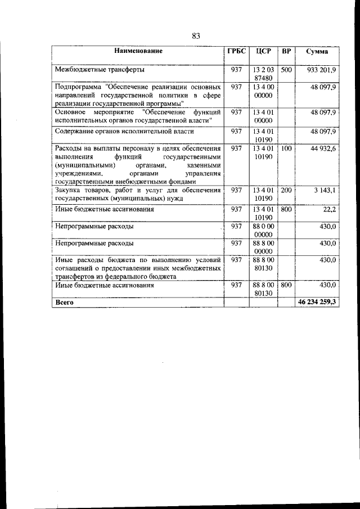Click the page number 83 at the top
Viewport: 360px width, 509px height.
coord(196,36)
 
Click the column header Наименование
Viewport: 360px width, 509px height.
coord(138,51)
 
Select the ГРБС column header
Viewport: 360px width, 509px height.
coord(236,51)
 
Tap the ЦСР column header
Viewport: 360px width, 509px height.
coord(263,51)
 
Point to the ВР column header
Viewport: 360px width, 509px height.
coord(286,51)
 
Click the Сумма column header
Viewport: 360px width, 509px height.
coord(317,51)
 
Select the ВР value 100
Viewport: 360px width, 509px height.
coord(286,148)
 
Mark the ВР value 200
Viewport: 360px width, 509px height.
coord(286,191)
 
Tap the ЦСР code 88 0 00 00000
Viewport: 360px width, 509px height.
coord(263,230)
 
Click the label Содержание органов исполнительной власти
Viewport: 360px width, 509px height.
coord(124,132)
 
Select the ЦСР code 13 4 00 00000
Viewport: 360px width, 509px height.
coord(263,92)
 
